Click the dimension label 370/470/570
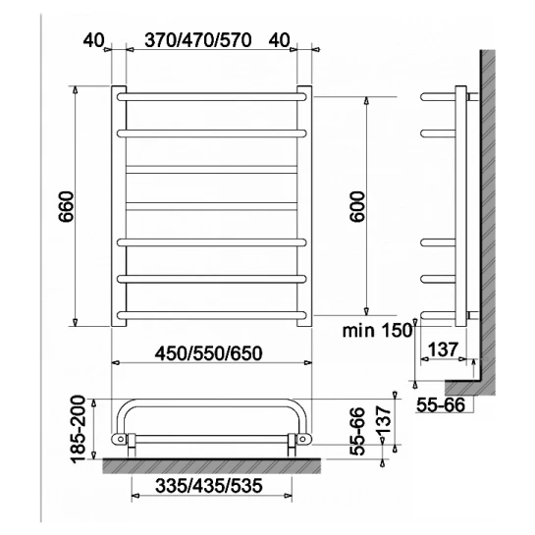tap(198, 40)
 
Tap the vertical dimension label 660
tap(66, 207)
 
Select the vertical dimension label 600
tap(357, 207)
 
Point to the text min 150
tap(377, 330)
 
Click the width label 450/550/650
tap(209, 353)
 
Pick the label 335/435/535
tap(209, 486)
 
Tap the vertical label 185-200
tap(78, 429)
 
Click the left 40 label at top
tap(93, 40)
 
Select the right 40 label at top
tap(279, 40)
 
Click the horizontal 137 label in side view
tap(442, 349)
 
